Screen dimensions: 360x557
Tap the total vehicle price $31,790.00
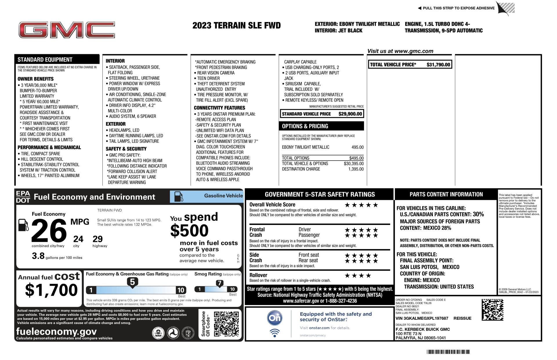(438, 65)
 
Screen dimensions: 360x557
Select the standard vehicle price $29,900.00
(350, 114)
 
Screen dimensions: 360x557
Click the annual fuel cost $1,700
(51, 290)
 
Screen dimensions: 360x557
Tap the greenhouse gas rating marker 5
(132, 282)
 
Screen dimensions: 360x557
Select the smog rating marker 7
(220, 283)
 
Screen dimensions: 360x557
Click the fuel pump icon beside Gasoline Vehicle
(178, 197)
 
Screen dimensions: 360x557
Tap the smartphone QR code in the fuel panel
(226, 324)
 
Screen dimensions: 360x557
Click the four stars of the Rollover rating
(358, 275)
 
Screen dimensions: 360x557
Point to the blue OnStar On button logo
(274, 318)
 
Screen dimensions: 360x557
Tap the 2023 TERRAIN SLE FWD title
(236, 26)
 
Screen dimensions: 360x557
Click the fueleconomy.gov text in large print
(57, 331)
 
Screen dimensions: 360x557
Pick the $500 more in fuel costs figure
(189, 231)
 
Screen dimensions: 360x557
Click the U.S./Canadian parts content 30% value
(478, 214)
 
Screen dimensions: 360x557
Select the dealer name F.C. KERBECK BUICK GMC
(423, 329)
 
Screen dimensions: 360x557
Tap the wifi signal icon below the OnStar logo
(274, 333)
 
